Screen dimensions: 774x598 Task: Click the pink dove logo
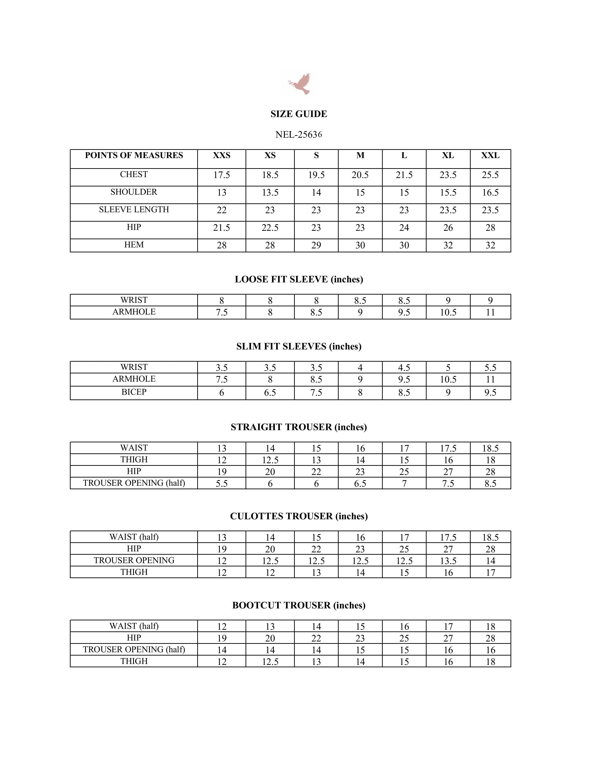point(300,84)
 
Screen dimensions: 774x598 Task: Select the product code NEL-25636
point(299,135)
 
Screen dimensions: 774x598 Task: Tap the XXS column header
point(221,156)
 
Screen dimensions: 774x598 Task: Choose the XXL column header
point(490,156)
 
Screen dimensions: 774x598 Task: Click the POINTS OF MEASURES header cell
point(134,156)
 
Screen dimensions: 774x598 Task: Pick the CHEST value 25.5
point(490,175)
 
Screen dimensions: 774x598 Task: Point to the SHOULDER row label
point(134,192)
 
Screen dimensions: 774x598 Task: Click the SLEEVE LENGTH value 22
point(221,210)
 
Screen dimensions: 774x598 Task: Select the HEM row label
point(134,245)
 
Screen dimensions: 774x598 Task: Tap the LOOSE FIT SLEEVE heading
point(299,280)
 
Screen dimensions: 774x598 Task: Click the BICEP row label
point(134,392)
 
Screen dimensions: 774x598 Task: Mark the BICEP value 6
point(221,393)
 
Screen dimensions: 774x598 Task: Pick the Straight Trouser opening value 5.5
point(221,484)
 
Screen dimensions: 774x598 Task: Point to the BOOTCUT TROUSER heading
point(299,605)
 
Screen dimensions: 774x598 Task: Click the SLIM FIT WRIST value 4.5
point(404,368)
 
